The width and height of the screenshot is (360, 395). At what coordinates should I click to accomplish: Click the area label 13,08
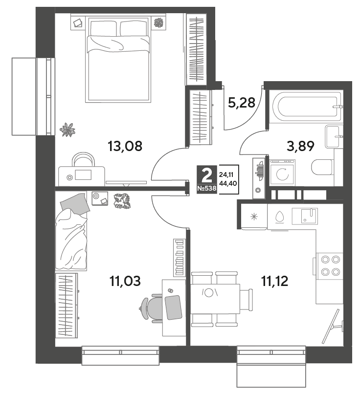tap(125, 146)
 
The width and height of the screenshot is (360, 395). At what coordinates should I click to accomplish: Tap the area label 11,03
tap(125, 281)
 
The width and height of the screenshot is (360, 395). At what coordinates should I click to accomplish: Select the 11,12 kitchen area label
tap(275, 281)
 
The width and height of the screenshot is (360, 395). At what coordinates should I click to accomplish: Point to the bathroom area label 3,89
tap(300, 146)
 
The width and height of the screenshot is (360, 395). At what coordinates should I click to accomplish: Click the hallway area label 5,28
tap(242, 103)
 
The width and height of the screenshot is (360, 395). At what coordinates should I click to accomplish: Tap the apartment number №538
tap(207, 188)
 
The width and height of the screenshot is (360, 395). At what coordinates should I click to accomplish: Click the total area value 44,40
tap(228, 183)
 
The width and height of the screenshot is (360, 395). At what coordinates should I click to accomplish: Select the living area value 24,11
tap(226, 174)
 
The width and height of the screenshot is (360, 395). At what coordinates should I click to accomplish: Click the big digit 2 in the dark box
tap(207, 176)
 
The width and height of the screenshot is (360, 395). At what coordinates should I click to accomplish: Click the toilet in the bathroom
tap(323, 167)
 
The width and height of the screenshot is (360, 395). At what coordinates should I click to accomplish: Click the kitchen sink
tap(305, 216)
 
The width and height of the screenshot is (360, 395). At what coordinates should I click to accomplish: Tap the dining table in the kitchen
tap(215, 299)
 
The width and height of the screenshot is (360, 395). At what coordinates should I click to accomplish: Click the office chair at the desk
tap(151, 308)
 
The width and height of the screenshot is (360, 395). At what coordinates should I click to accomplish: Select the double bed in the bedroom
tap(118, 59)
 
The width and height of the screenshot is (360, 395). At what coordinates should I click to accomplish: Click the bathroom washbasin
tap(334, 136)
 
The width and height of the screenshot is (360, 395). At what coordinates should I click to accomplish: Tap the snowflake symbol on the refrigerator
tap(254, 217)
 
